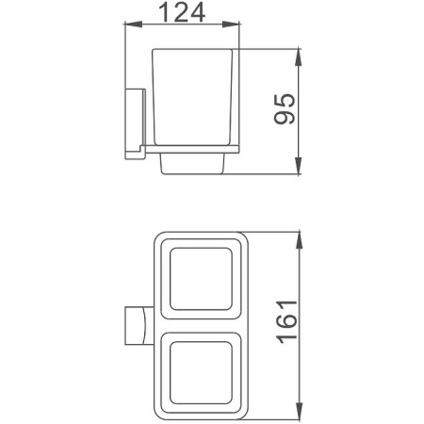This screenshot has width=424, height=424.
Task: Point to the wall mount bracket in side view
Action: coord(134,122)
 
